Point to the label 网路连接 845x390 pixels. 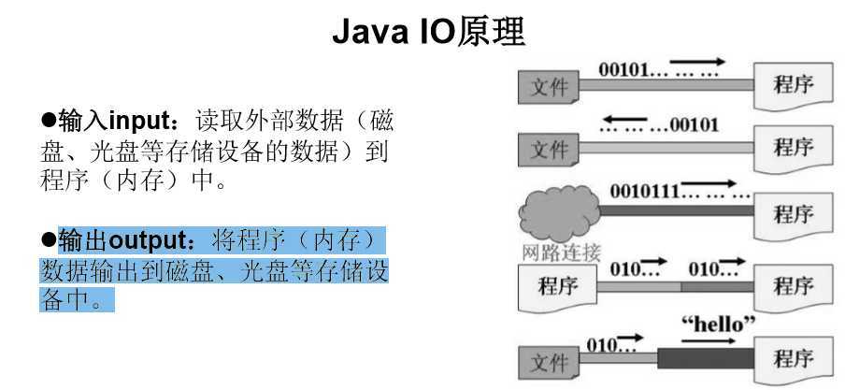point(560,252)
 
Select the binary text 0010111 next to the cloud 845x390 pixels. point(644,192)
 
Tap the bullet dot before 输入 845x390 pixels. point(49,121)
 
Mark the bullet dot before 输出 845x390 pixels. point(49,241)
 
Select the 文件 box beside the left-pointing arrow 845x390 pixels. point(549,149)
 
